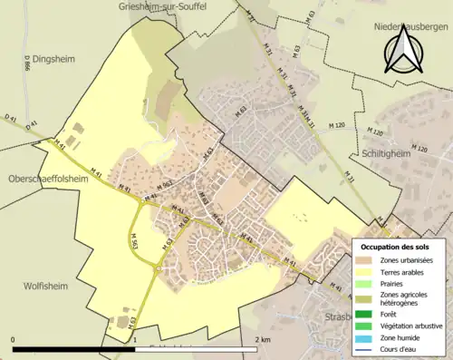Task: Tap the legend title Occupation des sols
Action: pos(397,247)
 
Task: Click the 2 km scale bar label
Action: pos(262,339)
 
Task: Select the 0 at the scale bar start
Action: pos(13,339)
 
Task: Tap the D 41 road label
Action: pos(11,119)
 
